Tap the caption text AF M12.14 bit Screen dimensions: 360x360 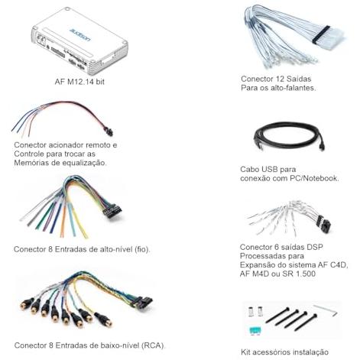(79, 82)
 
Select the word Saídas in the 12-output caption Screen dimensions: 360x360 (299, 79)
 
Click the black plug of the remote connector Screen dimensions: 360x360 (109, 132)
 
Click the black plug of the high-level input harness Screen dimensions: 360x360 (112, 211)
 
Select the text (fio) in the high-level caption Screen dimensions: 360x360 (142, 249)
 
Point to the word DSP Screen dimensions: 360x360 (315, 247)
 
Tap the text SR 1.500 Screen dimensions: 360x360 (299, 274)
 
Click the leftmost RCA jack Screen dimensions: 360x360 (25, 304)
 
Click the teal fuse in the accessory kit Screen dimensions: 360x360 (255, 330)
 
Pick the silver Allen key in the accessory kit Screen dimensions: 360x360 (326, 310)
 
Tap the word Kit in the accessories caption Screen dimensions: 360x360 (246, 352)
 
